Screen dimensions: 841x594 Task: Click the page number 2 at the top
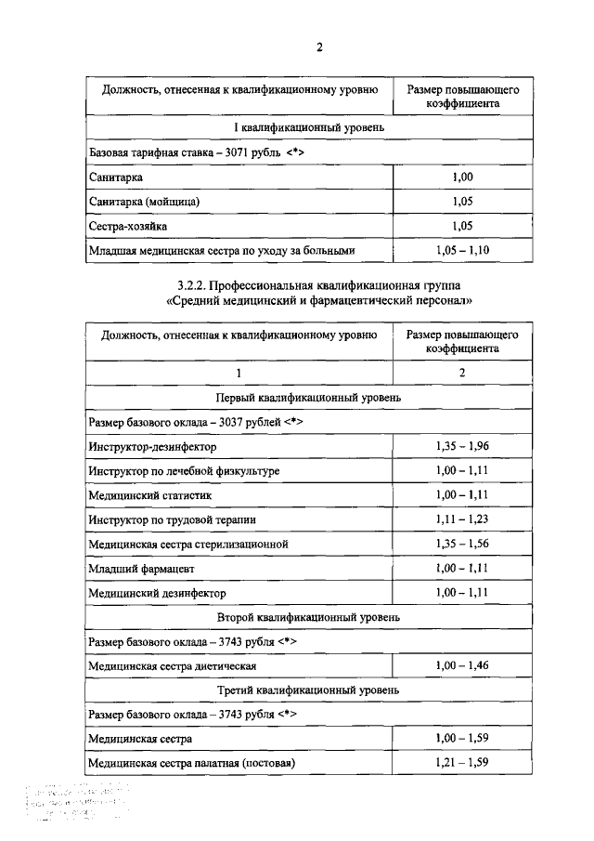[320, 48]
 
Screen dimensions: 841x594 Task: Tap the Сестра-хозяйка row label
[128, 226]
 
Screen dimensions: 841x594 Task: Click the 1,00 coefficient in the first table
[462, 177]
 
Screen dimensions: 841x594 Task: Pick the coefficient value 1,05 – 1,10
[462, 250]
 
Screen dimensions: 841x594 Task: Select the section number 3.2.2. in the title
[192, 283]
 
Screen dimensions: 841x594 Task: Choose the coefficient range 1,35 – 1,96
[462, 447]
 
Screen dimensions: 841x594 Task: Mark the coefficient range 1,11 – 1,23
[462, 519]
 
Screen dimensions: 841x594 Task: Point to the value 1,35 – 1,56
[462, 544]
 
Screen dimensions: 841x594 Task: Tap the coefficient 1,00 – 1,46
[462, 665]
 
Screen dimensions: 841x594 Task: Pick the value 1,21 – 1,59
[462, 763]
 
